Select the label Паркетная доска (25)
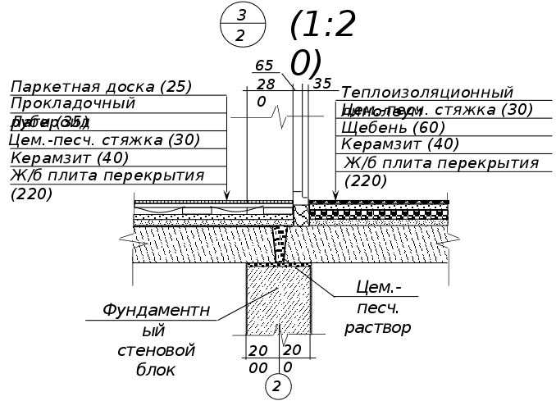(x=101, y=86)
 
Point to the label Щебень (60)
(x=393, y=127)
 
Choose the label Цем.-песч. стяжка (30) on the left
(x=104, y=139)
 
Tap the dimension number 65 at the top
(x=264, y=66)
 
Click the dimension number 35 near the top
(x=322, y=83)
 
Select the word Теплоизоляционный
(x=426, y=93)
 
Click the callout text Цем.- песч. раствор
(x=378, y=308)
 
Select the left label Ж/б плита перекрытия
(x=107, y=175)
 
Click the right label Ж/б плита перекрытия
(x=440, y=163)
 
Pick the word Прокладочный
(x=73, y=104)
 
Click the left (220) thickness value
(x=32, y=194)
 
